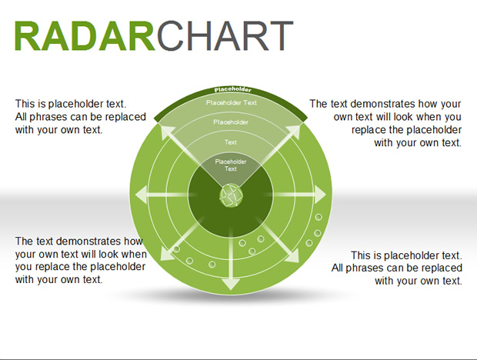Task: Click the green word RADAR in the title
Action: [85, 35]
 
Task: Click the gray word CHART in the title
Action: [225, 35]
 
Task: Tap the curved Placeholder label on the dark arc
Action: [233, 90]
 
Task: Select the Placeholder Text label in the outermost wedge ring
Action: [232, 103]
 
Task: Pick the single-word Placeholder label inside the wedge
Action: [231, 122]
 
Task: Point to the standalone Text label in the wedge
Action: [231, 142]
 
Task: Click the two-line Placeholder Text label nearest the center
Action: [231, 165]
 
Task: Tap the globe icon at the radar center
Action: [231, 195]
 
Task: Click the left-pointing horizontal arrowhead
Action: [141, 195]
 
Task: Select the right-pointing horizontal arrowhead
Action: [320, 195]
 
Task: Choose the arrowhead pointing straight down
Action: [231, 284]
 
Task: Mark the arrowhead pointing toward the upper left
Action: [165, 132]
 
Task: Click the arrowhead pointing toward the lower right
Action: [293, 257]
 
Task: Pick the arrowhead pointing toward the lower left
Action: [166, 255]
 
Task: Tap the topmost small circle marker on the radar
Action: [319, 217]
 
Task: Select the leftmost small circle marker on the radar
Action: [176, 249]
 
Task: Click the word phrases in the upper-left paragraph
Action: [45, 117]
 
